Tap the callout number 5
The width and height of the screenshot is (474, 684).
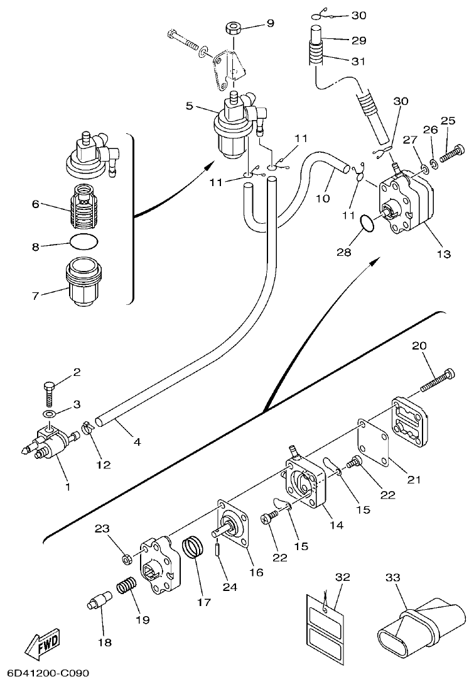190,105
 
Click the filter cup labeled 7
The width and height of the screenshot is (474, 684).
83,282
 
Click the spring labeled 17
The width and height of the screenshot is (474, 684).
195,545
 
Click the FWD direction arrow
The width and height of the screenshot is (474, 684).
43,644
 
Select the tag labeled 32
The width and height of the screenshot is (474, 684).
326,622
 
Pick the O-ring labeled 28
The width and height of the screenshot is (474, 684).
368,224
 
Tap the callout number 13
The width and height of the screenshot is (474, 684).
444,255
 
